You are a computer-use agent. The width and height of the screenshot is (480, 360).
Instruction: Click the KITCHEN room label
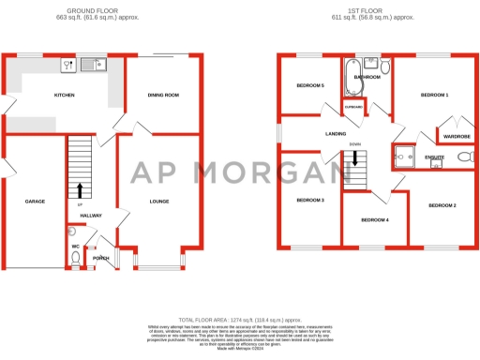pyautogui.click(x=64, y=96)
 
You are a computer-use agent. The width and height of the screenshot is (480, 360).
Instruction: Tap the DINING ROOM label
pyautogui.click(x=165, y=95)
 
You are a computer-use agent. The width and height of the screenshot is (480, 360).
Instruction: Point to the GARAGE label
pyautogui.click(x=35, y=202)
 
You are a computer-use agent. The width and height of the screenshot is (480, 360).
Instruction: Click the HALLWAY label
pyautogui.click(x=91, y=216)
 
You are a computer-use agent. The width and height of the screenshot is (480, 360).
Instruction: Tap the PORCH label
pyautogui.click(x=100, y=259)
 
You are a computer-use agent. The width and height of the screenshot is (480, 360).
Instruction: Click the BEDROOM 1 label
pyautogui.click(x=434, y=96)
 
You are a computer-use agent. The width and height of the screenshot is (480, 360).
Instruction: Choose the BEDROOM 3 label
pyautogui.click(x=310, y=201)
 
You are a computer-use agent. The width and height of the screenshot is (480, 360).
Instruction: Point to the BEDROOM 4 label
pyautogui.click(x=374, y=219)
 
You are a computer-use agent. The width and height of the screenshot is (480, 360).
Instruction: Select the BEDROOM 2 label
pyautogui.click(x=442, y=205)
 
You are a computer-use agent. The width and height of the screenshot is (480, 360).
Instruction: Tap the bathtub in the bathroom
pyautogui.click(x=352, y=79)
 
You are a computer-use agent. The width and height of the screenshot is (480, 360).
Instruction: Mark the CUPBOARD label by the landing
pyautogui.click(x=353, y=106)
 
